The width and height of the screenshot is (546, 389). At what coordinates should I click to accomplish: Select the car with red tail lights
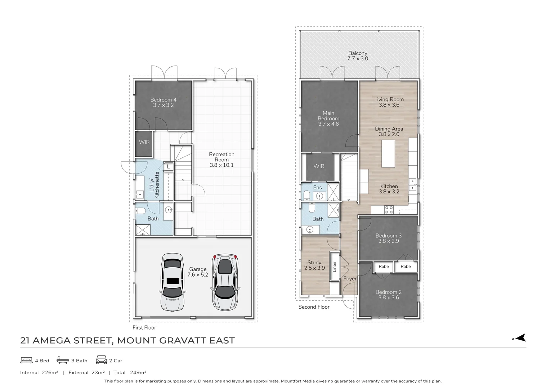tap(225, 282)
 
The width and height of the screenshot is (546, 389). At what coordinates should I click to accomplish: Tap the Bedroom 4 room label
tap(163, 102)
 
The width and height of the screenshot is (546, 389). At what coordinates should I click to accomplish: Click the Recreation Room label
tap(221, 160)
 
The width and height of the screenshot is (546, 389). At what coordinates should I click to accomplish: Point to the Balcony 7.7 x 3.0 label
tap(358, 56)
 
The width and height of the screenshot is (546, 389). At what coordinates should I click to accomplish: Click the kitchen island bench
tap(388, 153)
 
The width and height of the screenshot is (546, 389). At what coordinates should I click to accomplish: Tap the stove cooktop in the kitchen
tap(389, 210)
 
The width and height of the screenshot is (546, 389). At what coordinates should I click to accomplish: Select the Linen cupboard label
tap(334, 267)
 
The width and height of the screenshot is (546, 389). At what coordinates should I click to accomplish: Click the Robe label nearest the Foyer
tap(384, 267)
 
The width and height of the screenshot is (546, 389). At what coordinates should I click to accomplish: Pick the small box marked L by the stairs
tap(168, 166)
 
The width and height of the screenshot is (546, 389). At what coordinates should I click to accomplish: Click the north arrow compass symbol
tap(520, 338)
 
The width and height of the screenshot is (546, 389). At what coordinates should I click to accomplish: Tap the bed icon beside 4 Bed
tap(26, 360)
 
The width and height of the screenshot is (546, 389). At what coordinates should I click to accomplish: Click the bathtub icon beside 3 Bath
tap(63, 360)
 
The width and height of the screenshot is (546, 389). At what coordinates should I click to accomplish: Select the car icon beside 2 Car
tap(101, 360)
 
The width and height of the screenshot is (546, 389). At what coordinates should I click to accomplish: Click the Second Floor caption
tap(314, 307)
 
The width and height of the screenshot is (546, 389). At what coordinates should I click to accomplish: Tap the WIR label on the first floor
tap(144, 142)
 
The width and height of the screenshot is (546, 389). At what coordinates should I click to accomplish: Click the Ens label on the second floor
tap(317, 187)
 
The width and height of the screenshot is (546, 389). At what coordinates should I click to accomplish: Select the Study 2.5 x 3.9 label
tap(314, 265)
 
